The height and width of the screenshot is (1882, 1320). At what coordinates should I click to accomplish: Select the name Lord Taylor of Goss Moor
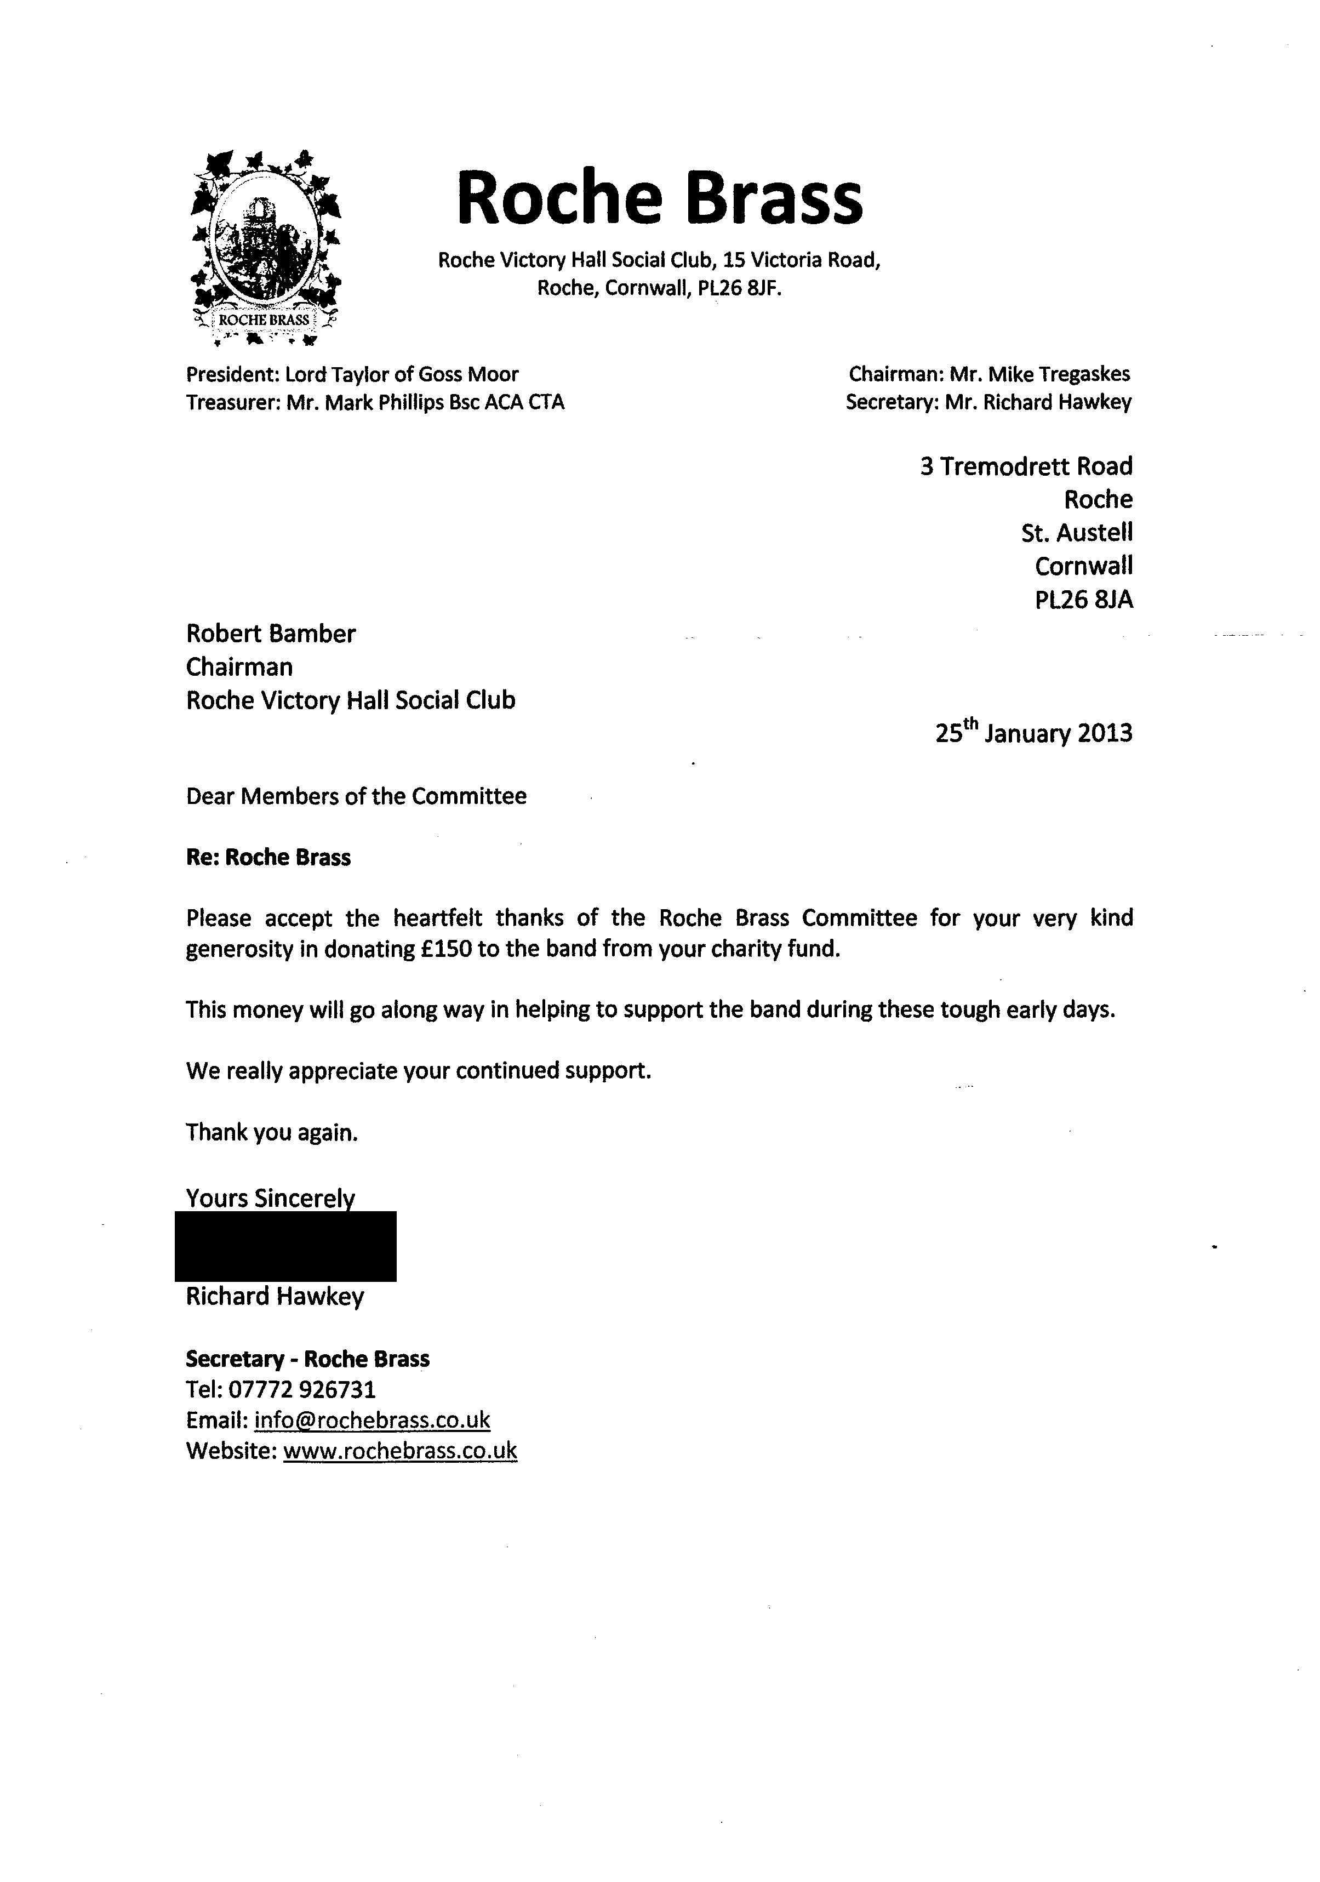[402, 375]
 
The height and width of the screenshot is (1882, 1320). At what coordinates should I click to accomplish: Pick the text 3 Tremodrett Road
[1026, 466]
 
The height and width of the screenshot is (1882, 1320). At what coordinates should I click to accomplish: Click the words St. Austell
[1077, 533]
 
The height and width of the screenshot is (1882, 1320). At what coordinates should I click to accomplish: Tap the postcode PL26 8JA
[1083, 600]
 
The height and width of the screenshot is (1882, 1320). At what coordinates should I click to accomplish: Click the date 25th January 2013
[1033, 732]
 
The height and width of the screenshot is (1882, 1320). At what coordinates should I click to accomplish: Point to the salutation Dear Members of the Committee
[356, 796]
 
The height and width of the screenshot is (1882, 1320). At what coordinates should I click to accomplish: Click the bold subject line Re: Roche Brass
[268, 857]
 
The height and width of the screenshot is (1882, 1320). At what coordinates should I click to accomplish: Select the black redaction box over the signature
[285, 1246]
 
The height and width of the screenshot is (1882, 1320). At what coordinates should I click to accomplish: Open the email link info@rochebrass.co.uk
[372, 1419]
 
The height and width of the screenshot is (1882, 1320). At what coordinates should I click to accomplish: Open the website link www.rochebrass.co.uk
[400, 1450]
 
